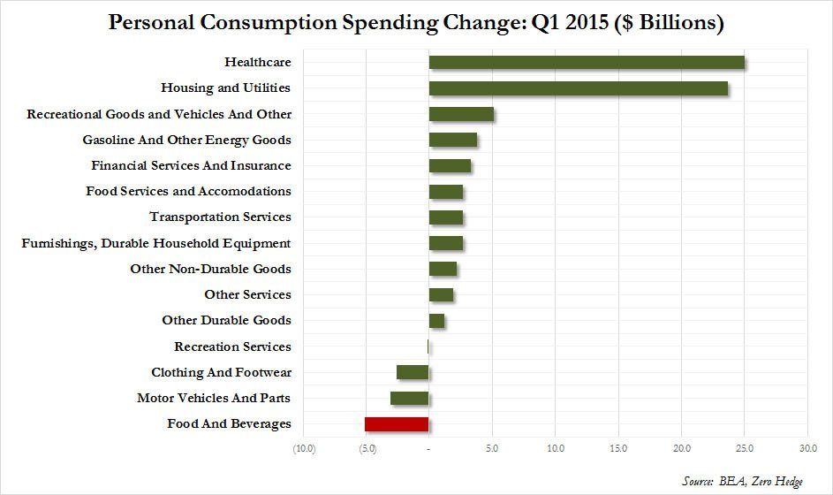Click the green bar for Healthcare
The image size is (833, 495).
[587, 63]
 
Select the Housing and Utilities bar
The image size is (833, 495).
[579, 88]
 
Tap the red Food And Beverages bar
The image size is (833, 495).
[397, 424]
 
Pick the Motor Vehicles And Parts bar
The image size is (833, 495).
[410, 399]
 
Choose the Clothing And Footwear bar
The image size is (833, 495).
[413, 372]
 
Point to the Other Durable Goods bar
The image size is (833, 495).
[436, 321]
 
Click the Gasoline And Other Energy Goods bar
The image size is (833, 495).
[453, 140]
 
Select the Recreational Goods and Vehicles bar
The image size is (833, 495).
[461, 114]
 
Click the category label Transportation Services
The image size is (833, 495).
[220, 217]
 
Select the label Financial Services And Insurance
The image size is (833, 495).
[191, 165]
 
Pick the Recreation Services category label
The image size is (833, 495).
[232, 346]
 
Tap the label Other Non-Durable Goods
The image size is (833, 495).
[210, 269]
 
